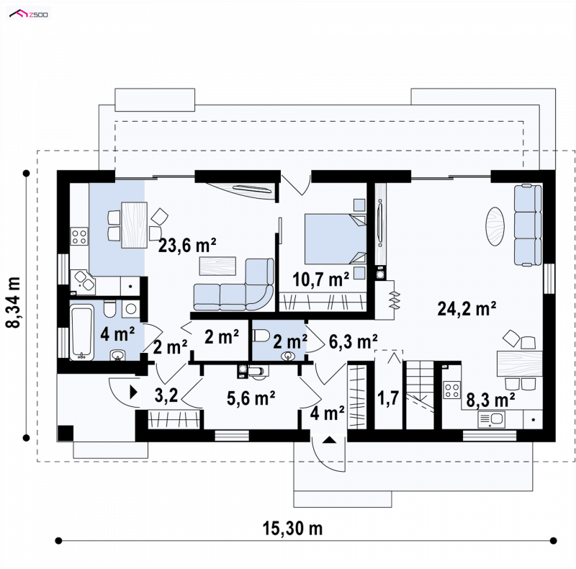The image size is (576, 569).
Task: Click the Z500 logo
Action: [29, 14]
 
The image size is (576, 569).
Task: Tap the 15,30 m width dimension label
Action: [292, 529]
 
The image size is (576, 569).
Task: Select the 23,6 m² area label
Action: [187, 246]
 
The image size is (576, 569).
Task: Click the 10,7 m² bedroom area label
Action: [320, 279]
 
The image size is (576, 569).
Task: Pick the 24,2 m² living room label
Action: [467, 309]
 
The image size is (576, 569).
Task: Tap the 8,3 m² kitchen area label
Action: [490, 400]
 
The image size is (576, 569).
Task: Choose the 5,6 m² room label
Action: [251, 398]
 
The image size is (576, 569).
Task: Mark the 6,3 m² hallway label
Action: [353, 341]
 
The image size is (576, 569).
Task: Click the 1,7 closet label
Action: [388, 398]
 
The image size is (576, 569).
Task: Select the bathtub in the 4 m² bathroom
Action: [81, 333]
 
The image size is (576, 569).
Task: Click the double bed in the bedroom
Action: [336, 239]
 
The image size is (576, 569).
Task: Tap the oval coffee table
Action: [495, 226]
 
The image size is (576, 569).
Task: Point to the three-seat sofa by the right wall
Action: [528, 225]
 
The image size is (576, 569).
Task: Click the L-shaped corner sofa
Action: [233, 285]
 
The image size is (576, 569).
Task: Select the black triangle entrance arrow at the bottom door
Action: [329, 439]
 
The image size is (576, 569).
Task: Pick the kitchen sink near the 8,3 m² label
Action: [491, 419]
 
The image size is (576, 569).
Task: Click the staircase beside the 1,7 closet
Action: [420, 395]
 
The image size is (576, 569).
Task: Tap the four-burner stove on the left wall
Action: [79, 236]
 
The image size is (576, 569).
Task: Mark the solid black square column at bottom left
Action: [66, 433]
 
